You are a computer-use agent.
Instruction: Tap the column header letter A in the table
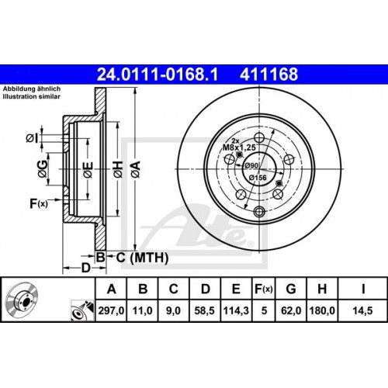pyautogui.click(x=114, y=290)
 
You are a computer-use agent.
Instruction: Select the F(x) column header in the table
pyautogui.click(x=263, y=290)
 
